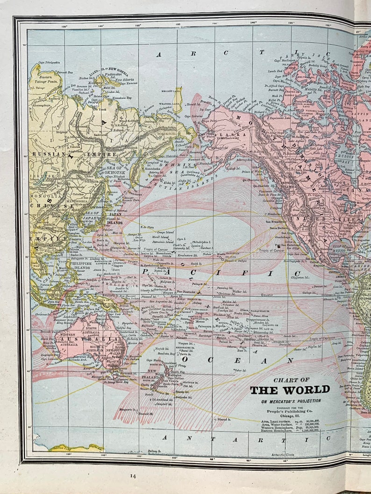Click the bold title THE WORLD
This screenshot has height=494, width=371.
(290, 390)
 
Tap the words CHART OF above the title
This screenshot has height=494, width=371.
(291, 380)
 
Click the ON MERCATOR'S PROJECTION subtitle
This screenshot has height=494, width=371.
(291, 401)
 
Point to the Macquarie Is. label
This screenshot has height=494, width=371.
(128, 410)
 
